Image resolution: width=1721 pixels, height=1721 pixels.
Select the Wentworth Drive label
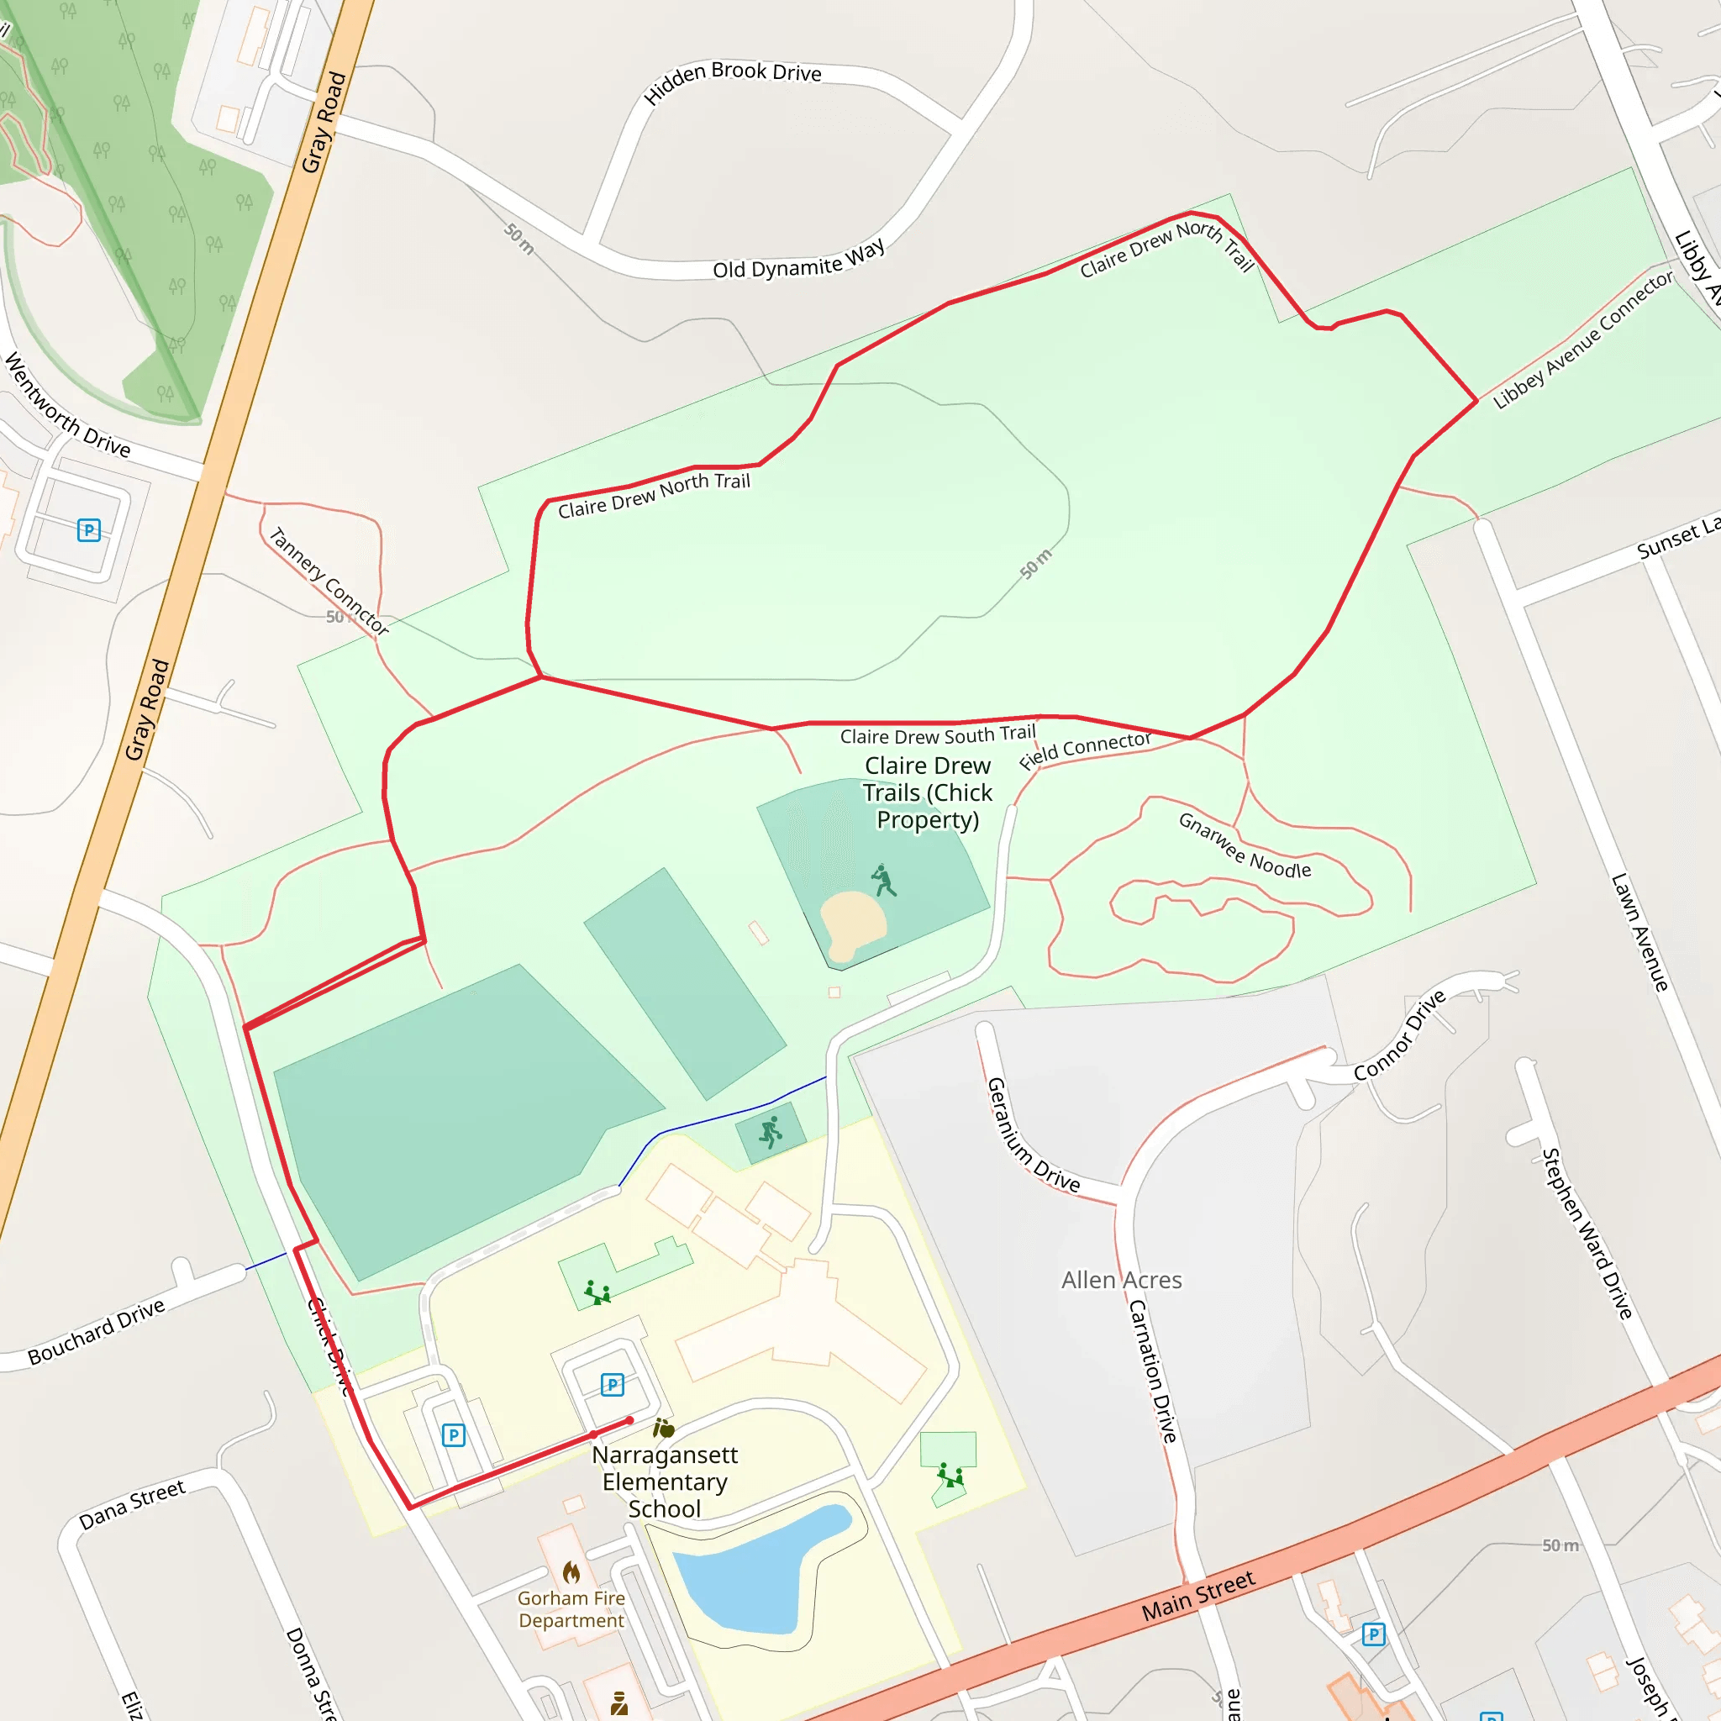pos(68,406)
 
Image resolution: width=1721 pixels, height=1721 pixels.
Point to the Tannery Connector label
pos(329,581)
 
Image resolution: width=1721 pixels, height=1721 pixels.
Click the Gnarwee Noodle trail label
pos(1245,845)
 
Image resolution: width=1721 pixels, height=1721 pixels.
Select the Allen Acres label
pos(1122,1280)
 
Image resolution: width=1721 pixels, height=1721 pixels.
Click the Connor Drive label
pos(1399,1035)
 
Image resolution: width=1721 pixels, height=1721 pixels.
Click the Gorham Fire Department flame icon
pos(571,1572)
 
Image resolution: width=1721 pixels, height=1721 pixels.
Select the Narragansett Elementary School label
pos(665,1482)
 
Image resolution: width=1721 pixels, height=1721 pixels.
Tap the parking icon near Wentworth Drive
pos(88,530)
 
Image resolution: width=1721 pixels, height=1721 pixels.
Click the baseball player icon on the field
pos(883,880)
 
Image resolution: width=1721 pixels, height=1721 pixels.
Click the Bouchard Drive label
pos(96,1332)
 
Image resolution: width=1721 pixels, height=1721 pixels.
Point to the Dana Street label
pos(132,1504)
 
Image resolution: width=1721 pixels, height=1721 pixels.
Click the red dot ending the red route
pos(629,1420)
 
